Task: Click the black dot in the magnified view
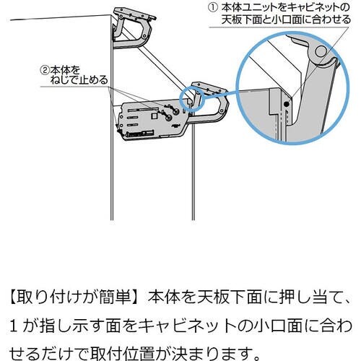(x=287, y=105)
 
